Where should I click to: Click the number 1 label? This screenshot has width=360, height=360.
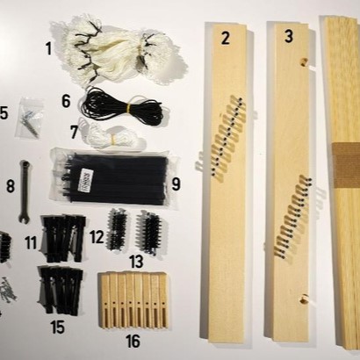pos(48,48)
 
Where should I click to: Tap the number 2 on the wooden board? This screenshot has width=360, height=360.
pos(226,38)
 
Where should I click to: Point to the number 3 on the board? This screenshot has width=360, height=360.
pos(289,36)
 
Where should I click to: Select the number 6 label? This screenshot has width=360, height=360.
pos(66,101)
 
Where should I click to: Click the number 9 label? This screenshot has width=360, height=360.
pos(176,184)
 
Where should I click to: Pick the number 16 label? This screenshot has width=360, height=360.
pos(133,341)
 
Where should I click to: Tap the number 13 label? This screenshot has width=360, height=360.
pos(136,262)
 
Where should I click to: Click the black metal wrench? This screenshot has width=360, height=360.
pos(25,191)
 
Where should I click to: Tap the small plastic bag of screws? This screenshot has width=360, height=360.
pos(29,118)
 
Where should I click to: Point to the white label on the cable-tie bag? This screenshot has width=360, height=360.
pos(85,180)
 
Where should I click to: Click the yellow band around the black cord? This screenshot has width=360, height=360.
pos(128,109)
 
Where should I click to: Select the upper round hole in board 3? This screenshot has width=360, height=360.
pos(304,62)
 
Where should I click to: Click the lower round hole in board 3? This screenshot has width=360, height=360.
pos(305,299)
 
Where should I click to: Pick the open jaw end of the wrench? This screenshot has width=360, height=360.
pos(24,219)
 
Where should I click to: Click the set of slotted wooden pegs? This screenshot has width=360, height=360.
pos(133,300)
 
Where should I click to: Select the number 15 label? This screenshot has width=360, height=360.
pos(57,327)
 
